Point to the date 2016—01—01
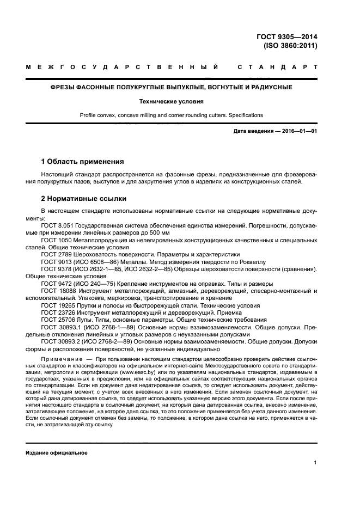click(x=299, y=132)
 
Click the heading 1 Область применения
click(x=83, y=162)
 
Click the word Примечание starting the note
click(x=60, y=359)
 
